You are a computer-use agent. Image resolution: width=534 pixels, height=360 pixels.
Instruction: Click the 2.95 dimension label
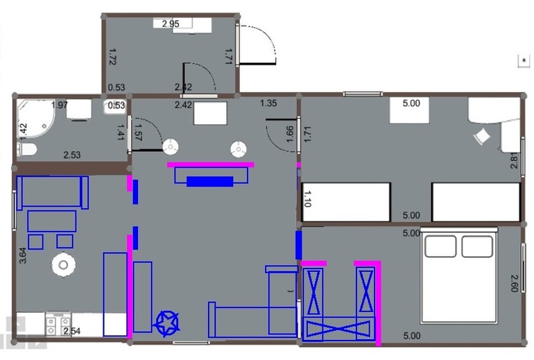pyautogui.click(x=171, y=24)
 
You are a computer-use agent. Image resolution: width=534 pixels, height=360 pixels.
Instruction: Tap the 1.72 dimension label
pyautogui.click(x=113, y=57)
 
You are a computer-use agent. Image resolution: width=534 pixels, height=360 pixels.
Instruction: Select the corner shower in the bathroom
pyautogui.click(x=35, y=118)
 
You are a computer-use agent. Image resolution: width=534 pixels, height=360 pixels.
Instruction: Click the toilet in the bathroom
pyautogui.click(x=27, y=150)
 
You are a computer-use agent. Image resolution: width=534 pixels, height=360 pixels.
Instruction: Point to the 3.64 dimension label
pyautogui.click(x=22, y=255)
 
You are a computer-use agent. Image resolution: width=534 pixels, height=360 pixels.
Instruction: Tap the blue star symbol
pyautogui.click(x=168, y=323)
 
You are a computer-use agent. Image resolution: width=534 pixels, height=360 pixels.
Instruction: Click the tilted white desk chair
pyautogui.click(x=481, y=137)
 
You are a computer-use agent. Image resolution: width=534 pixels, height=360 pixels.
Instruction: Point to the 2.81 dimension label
pyautogui.click(x=515, y=161)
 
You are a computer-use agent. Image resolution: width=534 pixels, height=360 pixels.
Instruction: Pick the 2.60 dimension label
pyautogui.click(x=515, y=284)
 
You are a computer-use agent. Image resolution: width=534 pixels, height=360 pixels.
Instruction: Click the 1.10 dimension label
pyautogui.click(x=307, y=199)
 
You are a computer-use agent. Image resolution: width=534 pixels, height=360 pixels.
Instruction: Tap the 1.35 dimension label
pyautogui.click(x=268, y=103)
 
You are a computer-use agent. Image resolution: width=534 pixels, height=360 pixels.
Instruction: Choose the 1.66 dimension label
pyautogui.click(x=289, y=135)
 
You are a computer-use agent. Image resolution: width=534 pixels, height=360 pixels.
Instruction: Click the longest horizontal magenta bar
pyautogui.click(x=210, y=165)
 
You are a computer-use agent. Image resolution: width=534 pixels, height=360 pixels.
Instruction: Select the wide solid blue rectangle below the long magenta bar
pyautogui.click(x=210, y=181)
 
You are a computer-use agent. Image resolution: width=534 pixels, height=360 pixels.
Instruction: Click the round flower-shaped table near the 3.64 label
pyautogui.click(x=64, y=264)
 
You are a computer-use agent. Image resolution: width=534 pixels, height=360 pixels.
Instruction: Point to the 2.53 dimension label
pyautogui.click(x=72, y=155)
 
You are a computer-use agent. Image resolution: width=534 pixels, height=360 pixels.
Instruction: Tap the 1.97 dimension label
pyautogui.click(x=60, y=105)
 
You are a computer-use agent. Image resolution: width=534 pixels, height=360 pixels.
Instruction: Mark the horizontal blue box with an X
pyautogui.click(x=338, y=329)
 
